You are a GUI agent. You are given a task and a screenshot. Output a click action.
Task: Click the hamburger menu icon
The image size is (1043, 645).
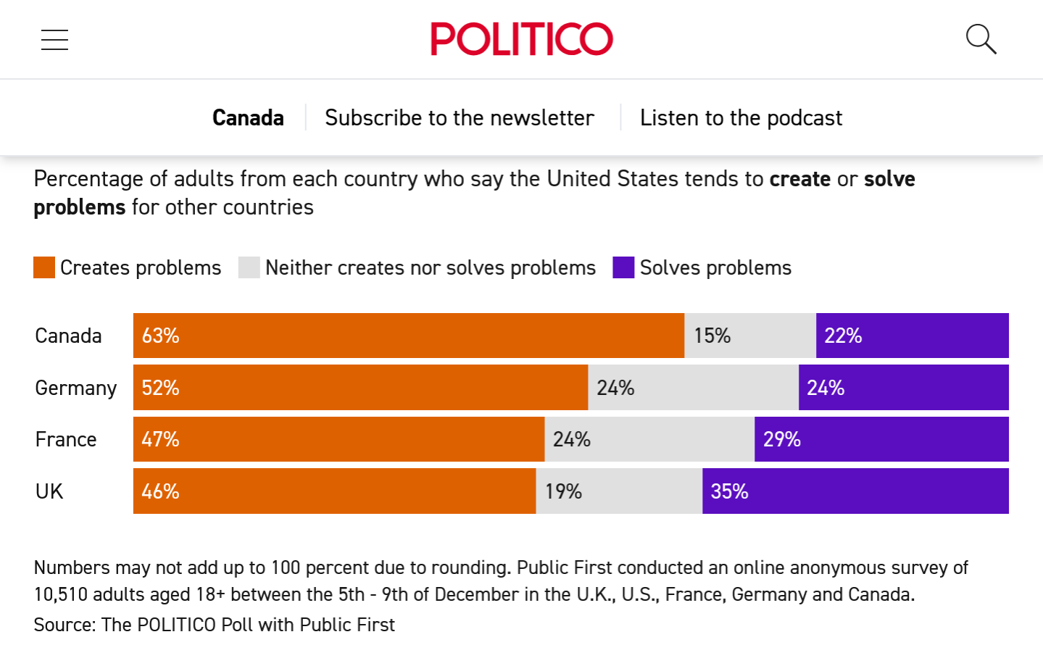[x=54, y=40]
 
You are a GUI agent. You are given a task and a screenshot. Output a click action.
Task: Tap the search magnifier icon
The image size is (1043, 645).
[x=981, y=39]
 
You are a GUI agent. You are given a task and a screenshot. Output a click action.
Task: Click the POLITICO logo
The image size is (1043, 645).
[x=521, y=39]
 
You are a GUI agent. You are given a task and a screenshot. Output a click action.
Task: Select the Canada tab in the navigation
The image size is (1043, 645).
[x=248, y=117]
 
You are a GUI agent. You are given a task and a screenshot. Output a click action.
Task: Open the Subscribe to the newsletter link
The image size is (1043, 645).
[x=460, y=117]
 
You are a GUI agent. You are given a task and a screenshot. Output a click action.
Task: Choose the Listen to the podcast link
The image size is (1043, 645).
[x=741, y=117]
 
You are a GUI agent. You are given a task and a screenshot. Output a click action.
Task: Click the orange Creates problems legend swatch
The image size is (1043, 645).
[x=44, y=267]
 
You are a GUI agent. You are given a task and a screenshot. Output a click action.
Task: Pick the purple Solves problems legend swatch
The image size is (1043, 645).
[x=623, y=267]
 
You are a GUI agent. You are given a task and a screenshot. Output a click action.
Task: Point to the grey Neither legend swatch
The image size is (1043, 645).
[x=249, y=267]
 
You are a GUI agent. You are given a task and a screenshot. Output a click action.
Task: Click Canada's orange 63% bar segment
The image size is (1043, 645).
[x=408, y=336]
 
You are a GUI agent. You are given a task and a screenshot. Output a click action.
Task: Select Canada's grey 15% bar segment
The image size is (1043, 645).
[x=750, y=336]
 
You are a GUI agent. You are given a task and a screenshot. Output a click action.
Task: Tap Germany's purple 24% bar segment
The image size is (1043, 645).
[x=903, y=388]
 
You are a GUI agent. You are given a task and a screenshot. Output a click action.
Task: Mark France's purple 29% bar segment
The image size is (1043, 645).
[x=881, y=439]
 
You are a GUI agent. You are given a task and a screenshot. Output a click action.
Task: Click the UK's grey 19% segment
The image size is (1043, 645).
[x=619, y=491]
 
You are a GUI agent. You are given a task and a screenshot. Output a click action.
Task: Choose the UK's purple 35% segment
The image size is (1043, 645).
[x=855, y=491]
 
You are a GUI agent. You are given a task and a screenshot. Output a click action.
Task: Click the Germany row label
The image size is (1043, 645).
[x=76, y=388]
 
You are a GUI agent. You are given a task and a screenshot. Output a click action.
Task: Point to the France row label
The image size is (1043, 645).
[x=66, y=440]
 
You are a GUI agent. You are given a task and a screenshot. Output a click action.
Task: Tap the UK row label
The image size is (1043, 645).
[x=49, y=491]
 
